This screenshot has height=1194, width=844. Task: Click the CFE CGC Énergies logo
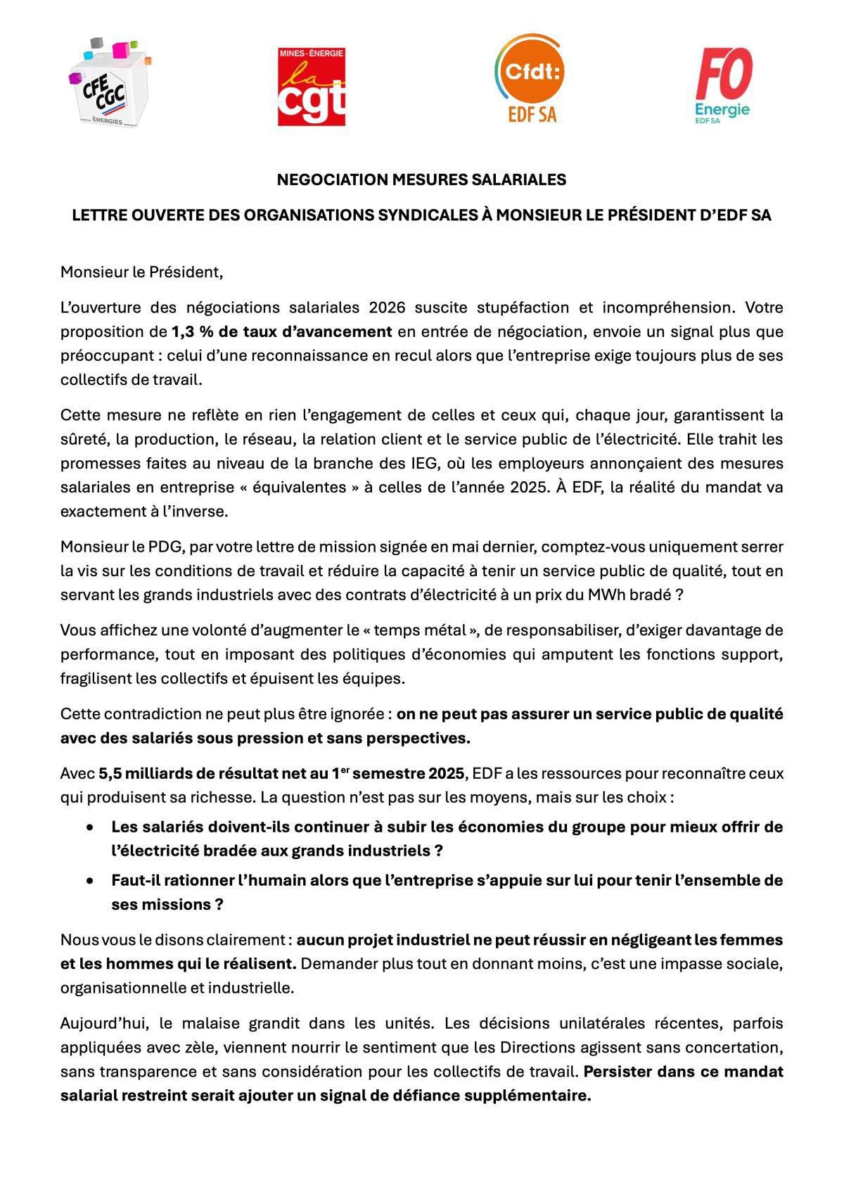pos(110,84)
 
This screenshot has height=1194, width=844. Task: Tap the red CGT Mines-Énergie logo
pos(312,87)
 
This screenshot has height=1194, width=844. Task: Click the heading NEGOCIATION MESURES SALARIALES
pos(421,179)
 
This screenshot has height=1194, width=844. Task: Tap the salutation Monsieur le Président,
pos(141,272)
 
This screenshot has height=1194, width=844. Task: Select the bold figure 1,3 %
pos(193,331)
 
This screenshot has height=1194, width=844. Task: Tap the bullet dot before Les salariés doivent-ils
pos(89,827)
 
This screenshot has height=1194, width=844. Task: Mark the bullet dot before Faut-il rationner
pos(89,881)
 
